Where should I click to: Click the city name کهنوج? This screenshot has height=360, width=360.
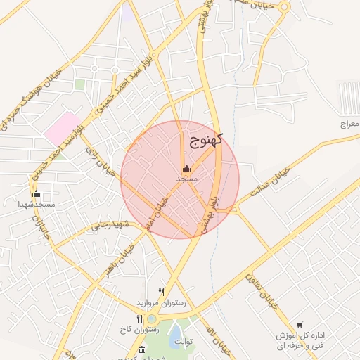(205, 139)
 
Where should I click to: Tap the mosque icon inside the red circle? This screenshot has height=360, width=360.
(186, 169)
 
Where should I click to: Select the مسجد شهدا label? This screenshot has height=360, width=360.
(37, 204)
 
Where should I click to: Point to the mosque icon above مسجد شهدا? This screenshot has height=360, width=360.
(37, 194)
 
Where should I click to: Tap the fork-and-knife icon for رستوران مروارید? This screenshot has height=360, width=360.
(162, 292)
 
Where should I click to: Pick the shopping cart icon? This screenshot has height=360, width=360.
(300, 325)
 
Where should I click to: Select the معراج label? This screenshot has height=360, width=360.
(349, 124)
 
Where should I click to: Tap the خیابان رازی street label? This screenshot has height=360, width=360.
(100, 162)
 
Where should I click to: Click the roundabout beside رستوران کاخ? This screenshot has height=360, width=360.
(152, 319)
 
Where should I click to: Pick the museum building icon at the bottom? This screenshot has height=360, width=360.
(142, 349)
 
